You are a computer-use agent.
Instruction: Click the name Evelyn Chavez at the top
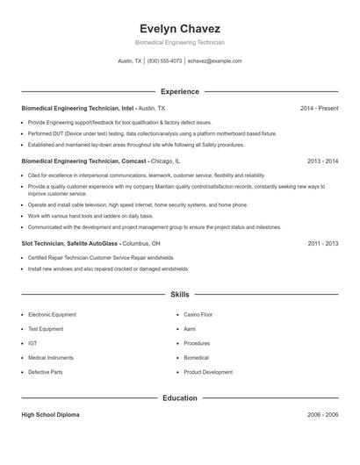(179, 28)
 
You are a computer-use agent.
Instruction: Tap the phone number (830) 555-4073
(165, 61)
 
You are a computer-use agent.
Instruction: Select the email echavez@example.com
(215, 61)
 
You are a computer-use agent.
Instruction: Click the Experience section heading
(179, 91)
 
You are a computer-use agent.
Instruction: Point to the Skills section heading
(179, 295)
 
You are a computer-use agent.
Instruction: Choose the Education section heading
(179, 397)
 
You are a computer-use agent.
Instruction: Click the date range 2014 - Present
(319, 108)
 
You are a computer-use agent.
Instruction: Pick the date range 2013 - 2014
(322, 161)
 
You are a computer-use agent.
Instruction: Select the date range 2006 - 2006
(322, 414)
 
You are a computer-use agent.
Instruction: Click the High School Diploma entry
(50, 414)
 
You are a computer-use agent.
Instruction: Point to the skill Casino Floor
(198, 313)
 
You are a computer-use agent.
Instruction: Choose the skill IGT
(32, 343)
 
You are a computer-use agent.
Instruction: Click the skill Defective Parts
(45, 372)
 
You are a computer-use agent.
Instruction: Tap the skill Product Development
(208, 372)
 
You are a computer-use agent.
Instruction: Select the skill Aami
(190, 328)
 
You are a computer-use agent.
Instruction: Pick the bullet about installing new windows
(108, 268)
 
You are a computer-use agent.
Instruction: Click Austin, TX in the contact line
(130, 61)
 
